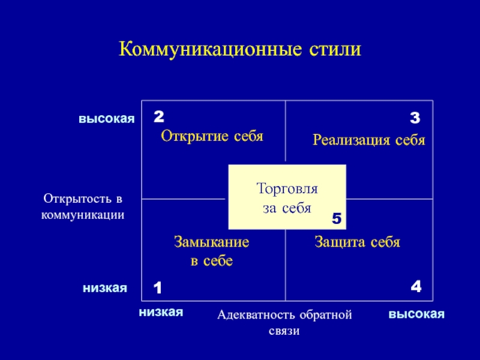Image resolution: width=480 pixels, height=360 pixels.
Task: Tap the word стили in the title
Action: (334, 49)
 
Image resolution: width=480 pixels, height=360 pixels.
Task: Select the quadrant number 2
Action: (158, 115)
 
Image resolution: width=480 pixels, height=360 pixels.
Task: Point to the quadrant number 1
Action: (158, 289)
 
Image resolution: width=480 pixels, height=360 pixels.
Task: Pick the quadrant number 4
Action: (416, 287)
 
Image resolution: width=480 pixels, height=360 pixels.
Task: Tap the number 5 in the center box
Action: (337, 220)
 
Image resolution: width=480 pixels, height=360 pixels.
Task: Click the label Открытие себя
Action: (212, 136)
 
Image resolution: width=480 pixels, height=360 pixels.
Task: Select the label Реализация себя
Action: (368, 140)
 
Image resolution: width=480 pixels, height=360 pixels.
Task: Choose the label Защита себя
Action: (357, 242)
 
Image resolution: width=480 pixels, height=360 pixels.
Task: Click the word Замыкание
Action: (212, 242)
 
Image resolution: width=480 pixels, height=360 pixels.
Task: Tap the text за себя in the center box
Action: (287, 208)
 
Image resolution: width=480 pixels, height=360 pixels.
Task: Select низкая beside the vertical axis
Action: (105, 288)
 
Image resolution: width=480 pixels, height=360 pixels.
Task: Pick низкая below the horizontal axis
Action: (160, 312)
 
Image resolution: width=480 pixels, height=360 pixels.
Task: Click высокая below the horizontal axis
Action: (416, 314)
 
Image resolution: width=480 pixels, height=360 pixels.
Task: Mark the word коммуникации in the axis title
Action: (83, 214)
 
